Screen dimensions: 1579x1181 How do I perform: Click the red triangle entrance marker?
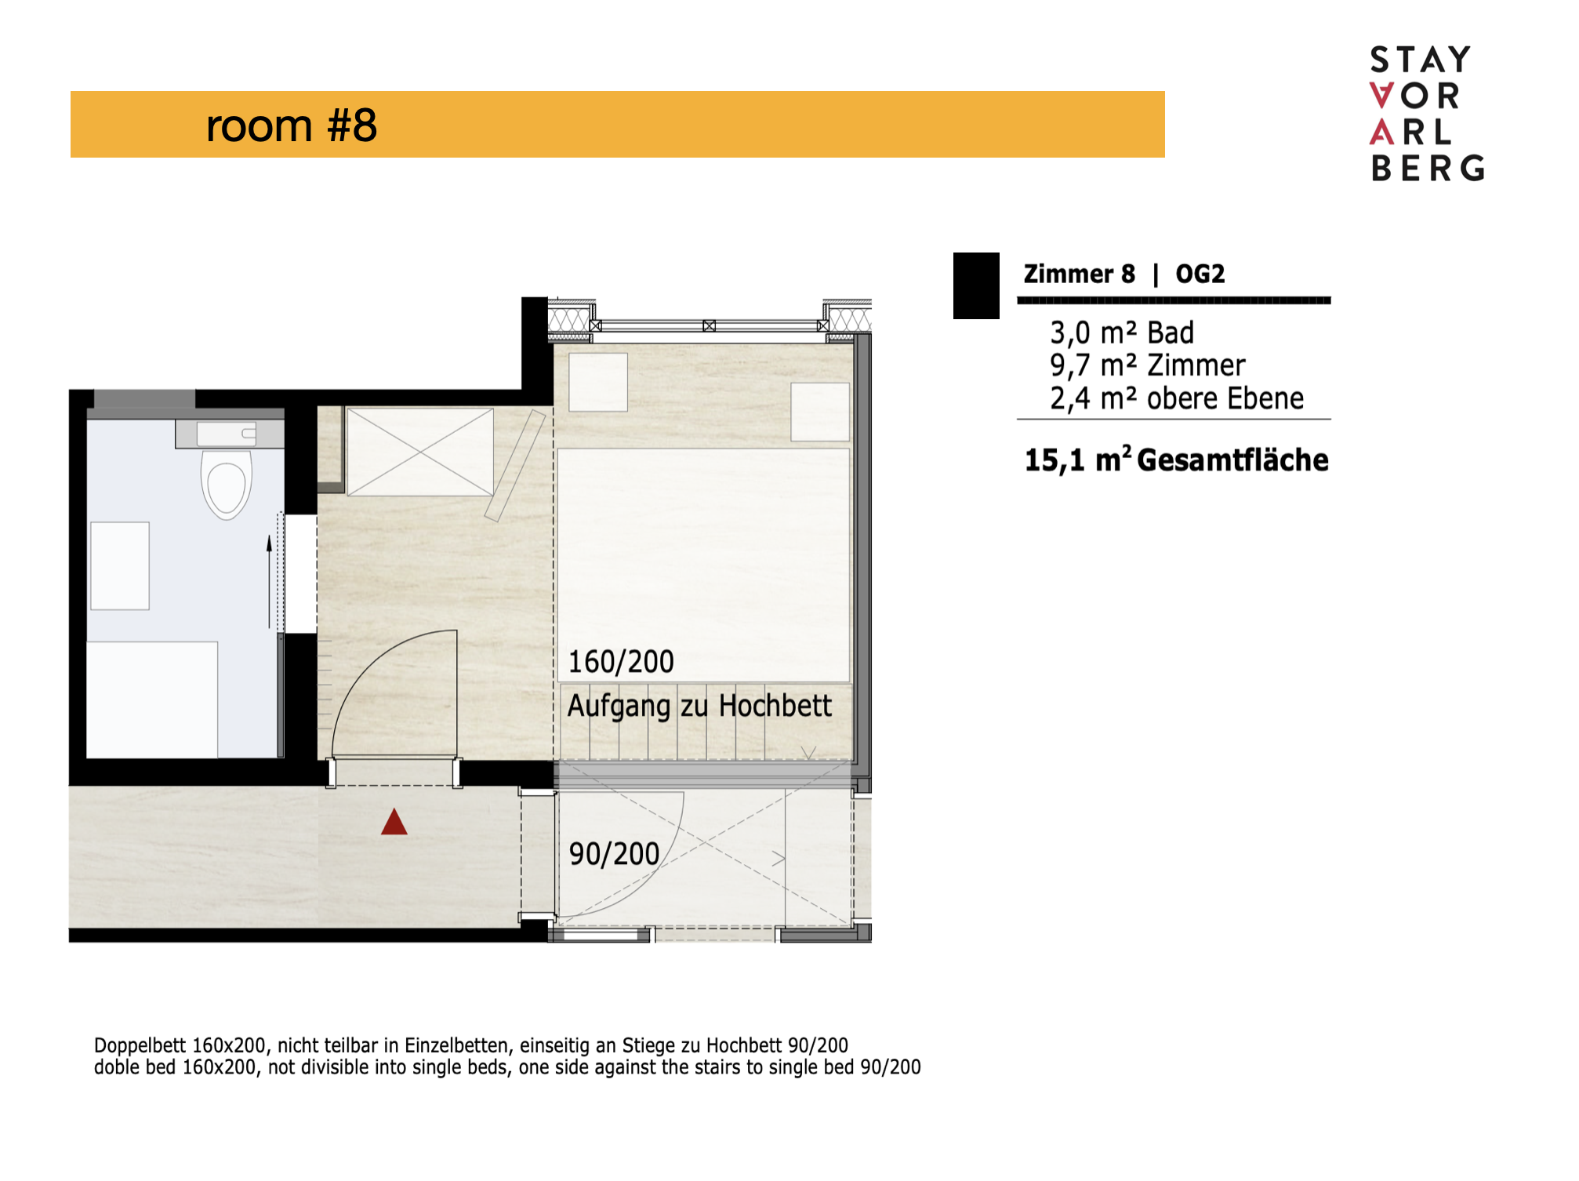pos(394,823)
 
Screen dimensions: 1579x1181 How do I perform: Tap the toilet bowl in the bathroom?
pos(227,485)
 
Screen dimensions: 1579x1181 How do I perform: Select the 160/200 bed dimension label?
pos(620,662)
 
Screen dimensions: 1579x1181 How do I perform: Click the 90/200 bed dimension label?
pos(614,854)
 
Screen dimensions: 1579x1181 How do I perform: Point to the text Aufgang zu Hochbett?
pos(699,706)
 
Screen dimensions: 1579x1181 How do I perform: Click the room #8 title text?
pos(291,125)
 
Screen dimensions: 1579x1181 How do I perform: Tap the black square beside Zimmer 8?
pos(976,285)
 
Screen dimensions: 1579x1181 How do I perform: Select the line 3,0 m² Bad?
pos(1122,332)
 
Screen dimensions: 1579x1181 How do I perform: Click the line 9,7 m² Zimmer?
pos(1147,365)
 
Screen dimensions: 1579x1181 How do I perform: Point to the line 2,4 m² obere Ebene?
pos(1177,398)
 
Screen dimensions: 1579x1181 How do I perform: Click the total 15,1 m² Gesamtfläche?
pos(1176,460)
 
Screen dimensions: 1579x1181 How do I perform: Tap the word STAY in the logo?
pos(1420,60)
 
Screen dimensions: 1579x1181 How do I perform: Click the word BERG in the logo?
pos(1428,168)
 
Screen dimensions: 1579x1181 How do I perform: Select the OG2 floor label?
pos(1200,274)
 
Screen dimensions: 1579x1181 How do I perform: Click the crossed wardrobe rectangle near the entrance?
pos(420,452)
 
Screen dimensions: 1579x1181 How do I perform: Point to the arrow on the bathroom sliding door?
pos(270,581)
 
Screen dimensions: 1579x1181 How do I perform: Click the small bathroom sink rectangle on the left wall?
pos(120,565)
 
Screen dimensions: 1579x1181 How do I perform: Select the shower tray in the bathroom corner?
pos(152,700)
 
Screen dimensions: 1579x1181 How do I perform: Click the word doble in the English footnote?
pos(116,1067)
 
